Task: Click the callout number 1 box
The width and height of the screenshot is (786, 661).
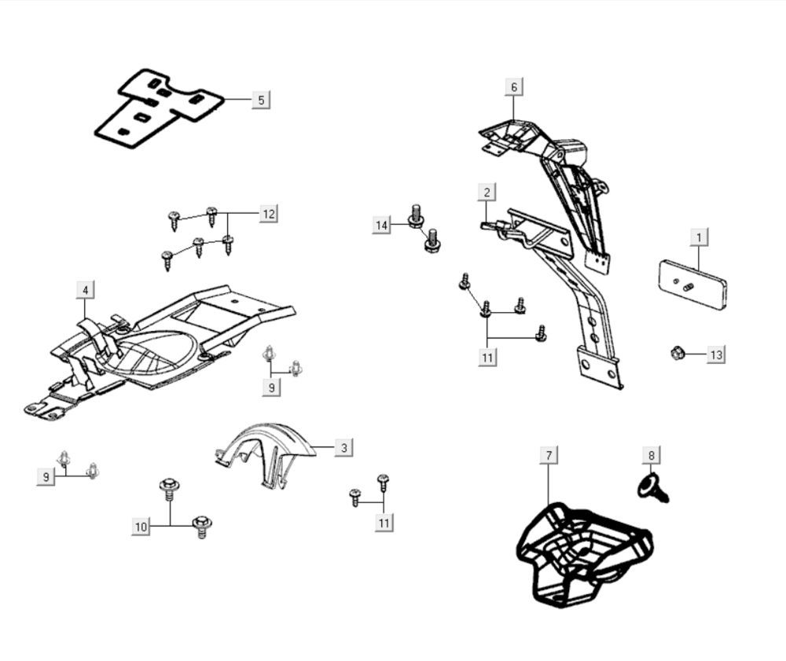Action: (x=698, y=236)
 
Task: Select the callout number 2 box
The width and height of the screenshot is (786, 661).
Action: (x=487, y=192)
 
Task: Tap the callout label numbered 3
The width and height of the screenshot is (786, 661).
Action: (x=343, y=448)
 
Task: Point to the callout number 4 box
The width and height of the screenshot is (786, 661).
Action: (x=86, y=290)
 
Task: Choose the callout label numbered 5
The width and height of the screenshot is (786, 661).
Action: (x=261, y=100)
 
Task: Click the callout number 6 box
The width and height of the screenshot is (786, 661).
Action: (x=514, y=86)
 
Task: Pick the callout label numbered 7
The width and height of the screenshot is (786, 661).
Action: (x=549, y=455)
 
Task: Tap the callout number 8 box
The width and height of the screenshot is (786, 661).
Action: (x=651, y=455)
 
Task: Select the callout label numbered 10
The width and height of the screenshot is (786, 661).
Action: (x=141, y=527)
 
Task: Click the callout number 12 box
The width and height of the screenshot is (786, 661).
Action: (x=269, y=214)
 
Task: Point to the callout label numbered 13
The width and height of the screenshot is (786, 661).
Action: (x=715, y=355)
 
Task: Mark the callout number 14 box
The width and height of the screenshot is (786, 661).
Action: (x=381, y=226)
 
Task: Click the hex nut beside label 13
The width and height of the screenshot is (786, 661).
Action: (x=676, y=354)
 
